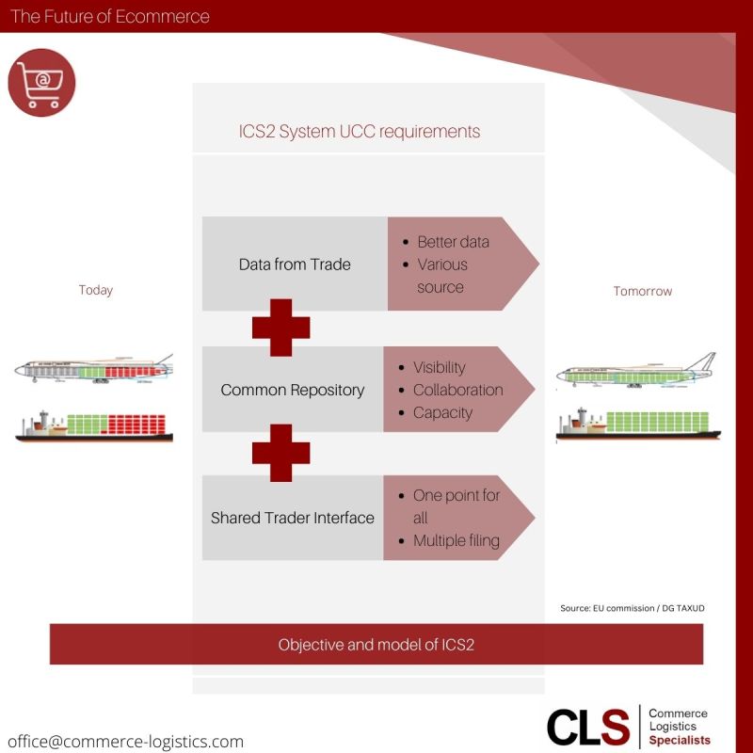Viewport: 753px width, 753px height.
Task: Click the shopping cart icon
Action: click(x=41, y=83)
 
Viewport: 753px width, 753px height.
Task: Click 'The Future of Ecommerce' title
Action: click(x=110, y=16)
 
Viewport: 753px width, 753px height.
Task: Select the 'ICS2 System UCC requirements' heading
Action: click(x=360, y=132)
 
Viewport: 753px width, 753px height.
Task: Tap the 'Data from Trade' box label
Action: click(x=295, y=264)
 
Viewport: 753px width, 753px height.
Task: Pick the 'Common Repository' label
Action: click(x=293, y=390)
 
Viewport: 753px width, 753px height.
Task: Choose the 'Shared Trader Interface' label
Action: click(x=293, y=518)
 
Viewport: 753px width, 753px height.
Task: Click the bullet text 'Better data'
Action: click(x=454, y=242)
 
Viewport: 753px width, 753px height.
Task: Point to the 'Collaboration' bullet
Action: click(x=458, y=390)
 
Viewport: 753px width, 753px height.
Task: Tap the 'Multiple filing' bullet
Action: click(x=457, y=540)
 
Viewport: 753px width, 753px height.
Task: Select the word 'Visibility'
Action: click(x=439, y=367)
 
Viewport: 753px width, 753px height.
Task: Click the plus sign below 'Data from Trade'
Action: click(x=280, y=328)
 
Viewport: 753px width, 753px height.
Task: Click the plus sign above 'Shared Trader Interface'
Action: click(x=280, y=453)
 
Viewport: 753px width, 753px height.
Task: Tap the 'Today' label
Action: click(x=96, y=290)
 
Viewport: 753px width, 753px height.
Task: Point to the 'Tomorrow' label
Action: click(x=643, y=291)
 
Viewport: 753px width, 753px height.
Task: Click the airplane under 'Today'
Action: click(x=93, y=369)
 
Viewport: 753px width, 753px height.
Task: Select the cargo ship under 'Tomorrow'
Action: click(x=638, y=425)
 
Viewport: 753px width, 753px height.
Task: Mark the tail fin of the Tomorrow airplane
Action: click(x=702, y=361)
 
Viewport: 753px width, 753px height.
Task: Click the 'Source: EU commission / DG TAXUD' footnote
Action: click(x=632, y=608)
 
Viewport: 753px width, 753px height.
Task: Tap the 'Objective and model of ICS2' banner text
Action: click(x=376, y=645)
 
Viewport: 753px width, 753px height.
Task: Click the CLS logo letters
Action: click(x=587, y=727)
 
